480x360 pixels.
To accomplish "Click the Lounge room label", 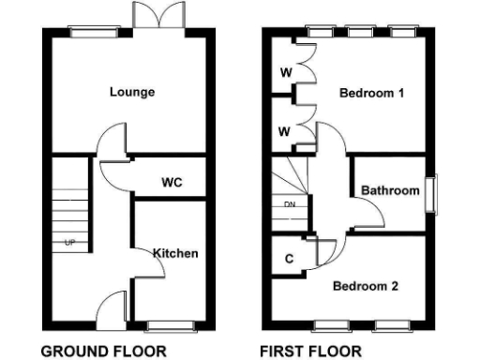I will coord(131,92).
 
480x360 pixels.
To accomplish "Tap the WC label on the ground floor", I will coord(171,180).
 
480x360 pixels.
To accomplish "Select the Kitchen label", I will coord(175,253).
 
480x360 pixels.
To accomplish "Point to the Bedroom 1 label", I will coord(372,94).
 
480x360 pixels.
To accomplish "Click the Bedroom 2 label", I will coord(368,286).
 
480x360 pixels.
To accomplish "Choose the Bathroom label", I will coord(390,190).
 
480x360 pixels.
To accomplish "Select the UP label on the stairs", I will coord(69,243).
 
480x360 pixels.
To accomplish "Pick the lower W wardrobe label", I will coord(284,130).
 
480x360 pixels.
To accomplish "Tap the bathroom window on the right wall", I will coord(432,194).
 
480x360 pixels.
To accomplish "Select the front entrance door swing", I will coord(112,307).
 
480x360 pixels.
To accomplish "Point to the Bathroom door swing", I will coord(369,215).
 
